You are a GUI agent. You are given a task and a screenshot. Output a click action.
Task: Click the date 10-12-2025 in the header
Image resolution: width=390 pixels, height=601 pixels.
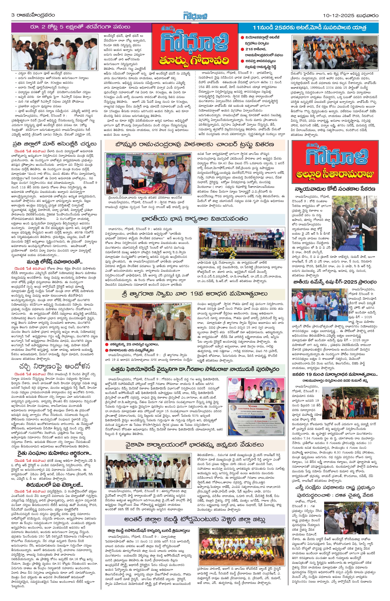point(338,15)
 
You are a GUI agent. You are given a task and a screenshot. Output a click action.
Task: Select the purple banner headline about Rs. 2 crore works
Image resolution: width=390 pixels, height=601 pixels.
point(80,27)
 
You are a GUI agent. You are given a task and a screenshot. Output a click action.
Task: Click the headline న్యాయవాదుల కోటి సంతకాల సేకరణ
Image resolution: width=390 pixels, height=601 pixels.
point(335,189)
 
